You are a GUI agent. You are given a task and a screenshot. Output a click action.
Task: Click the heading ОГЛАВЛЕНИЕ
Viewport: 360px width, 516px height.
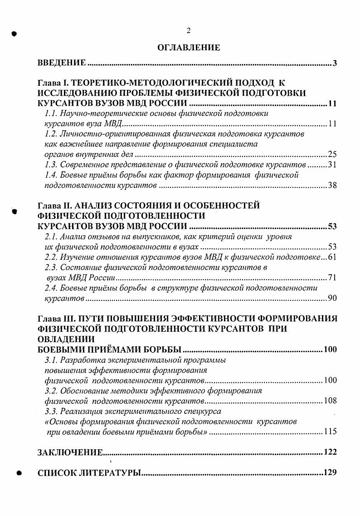coord(189,47)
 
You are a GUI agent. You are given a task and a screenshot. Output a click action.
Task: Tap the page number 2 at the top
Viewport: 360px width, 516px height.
coord(188,30)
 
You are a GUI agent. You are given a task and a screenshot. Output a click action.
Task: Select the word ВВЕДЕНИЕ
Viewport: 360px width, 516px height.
coord(62,63)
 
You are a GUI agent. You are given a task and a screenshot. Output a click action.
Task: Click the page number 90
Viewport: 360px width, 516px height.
coord(332,299)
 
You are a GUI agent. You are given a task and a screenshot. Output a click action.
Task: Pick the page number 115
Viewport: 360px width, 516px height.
coord(331,432)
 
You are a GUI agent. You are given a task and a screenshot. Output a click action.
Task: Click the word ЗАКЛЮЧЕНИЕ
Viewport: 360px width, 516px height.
coord(70,452)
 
